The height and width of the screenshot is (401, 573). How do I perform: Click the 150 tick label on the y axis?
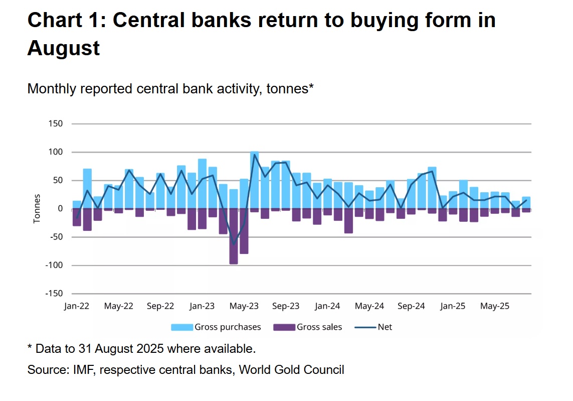click(55, 123)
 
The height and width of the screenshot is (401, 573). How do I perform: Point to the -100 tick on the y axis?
click(53, 265)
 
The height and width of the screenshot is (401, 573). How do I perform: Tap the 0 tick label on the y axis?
click(60, 209)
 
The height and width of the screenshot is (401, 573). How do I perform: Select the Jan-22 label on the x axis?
click(76, 306)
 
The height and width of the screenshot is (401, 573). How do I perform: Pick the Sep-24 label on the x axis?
click(411, 306)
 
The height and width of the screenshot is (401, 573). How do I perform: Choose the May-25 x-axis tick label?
click(494, 306)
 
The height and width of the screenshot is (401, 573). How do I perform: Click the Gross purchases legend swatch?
click(182, 327)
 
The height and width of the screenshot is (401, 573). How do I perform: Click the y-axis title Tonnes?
click(37, 209)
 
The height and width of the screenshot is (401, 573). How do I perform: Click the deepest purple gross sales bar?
click(234, 236)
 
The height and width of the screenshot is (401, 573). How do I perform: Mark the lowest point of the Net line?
click(234, 244)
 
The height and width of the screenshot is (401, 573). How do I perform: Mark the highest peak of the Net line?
click(254, 155)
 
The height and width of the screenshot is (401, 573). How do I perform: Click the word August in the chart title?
click(64, 48)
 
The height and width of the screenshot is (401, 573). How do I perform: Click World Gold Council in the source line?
click(291, 370)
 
